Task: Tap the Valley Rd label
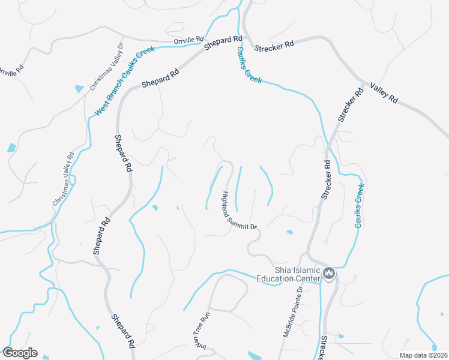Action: pos(384,93)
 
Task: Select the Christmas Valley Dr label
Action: pos(106,67)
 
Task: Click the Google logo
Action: pos(20,353)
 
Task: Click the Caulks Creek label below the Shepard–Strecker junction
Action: pos(249,65)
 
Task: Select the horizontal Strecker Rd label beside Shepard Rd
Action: pos(274,46)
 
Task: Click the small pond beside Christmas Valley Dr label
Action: pos(79,88)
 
